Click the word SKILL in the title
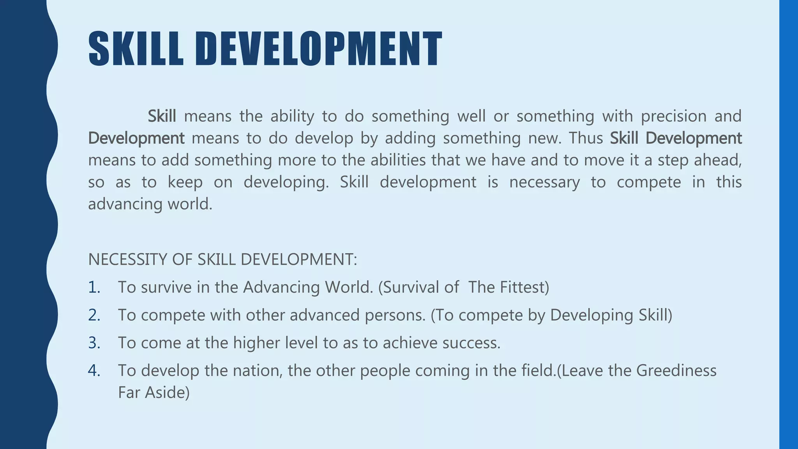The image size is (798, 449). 136,49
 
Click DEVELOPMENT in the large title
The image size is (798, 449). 319,49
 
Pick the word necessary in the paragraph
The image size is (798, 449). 544,182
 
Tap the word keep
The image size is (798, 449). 185,182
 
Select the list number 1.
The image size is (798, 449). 94,287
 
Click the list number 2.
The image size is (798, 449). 94,315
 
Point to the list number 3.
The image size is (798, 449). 94,343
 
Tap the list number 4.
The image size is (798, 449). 94,371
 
